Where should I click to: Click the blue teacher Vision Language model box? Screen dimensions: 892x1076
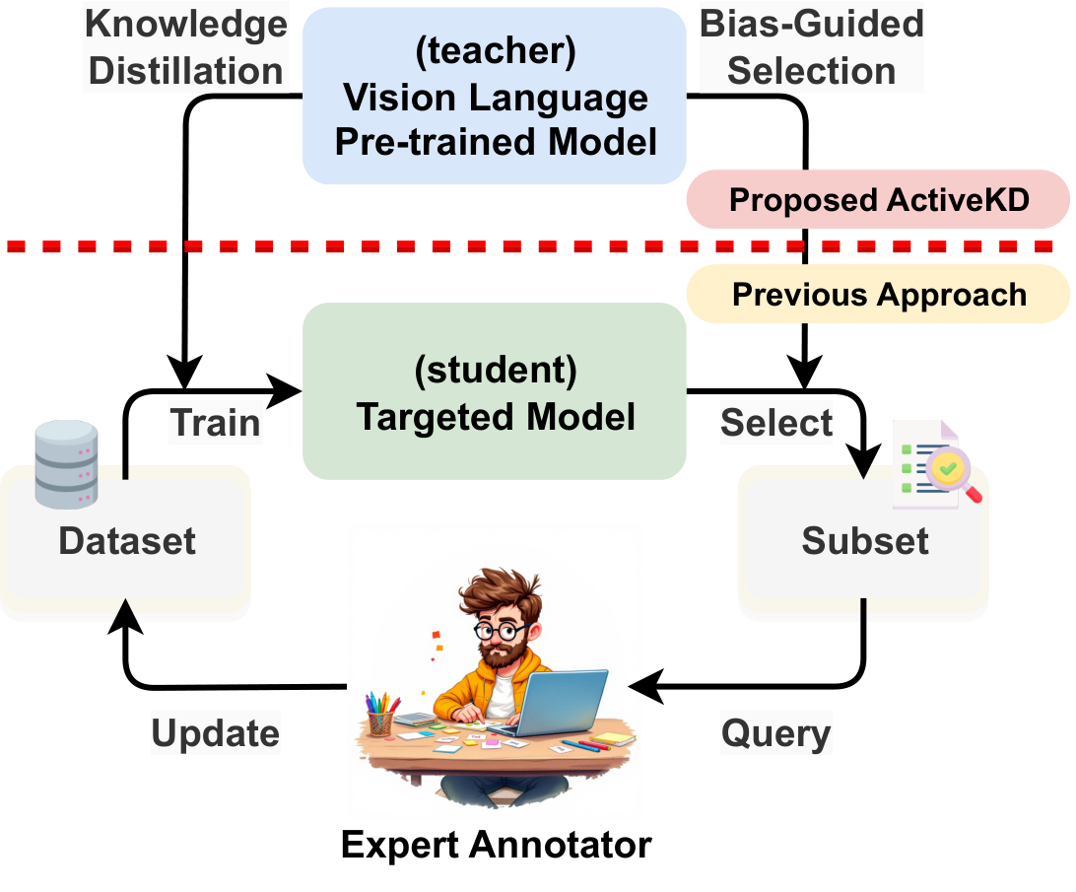click(495, 97)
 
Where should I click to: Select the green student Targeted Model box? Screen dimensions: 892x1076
click(495, 391)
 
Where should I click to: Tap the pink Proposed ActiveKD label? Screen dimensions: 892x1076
click(878, 199)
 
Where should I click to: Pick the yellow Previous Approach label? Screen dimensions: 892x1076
click(878, 294)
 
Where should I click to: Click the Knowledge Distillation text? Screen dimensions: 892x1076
click(185, 47)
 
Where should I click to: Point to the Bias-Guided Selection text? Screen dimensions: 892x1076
click(811, 47)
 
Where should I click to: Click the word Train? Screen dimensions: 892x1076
click(215, 423)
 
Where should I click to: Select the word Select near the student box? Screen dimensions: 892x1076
click(775, 423)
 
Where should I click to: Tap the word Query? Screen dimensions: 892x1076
click(775, 733)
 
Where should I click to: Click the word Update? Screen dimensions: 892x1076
click(215, 733)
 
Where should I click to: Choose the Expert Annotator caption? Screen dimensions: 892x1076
click(496, 845)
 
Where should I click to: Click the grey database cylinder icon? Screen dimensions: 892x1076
click(66, 464)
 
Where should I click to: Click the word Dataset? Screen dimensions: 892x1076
click(127, 541)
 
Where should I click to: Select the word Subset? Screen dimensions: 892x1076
click(865, 541)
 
